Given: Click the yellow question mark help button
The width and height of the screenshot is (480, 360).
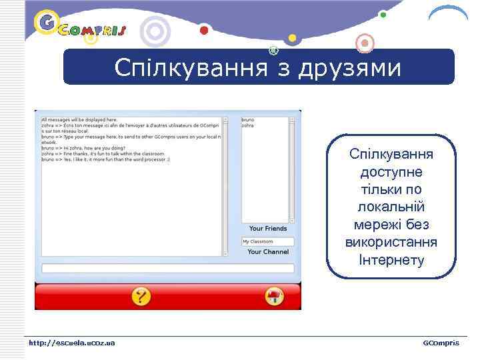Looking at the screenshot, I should click(x=141, y=296).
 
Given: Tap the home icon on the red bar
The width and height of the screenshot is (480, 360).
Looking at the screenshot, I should click(x=274, y=296).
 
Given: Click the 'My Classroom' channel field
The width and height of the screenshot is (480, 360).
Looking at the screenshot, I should click(x=267, y=241).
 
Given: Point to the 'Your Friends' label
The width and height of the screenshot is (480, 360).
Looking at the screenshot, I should click(x=267, y=229).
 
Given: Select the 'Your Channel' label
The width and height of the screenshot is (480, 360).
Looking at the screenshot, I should click(x=267, y=252).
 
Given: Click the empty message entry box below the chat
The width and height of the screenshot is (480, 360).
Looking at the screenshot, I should click(x=167, y=269).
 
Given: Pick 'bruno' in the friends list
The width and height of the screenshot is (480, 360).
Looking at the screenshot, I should click(x=247, y=120).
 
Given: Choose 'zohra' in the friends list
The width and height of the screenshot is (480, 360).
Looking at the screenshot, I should click(x=247, y=125).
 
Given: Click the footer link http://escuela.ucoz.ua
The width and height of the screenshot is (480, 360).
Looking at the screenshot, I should click(x=71, y=343).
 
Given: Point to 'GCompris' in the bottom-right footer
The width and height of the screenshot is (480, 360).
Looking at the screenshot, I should click(x=441, y=343).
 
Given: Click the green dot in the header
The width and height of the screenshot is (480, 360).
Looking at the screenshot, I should click(x=383, y=14).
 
